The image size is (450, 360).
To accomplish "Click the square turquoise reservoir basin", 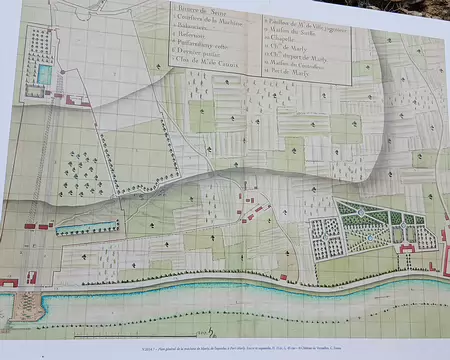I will pos(45,76).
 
